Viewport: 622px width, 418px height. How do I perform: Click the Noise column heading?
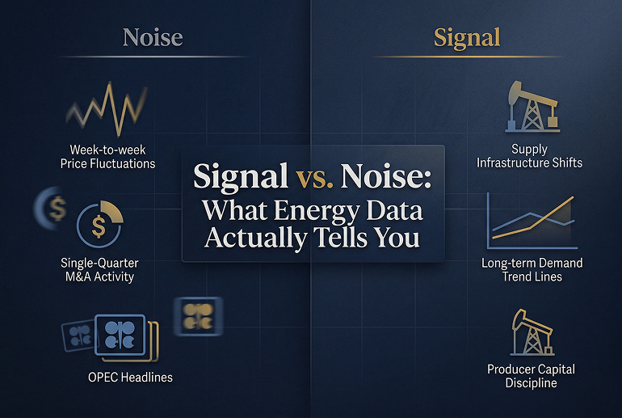click(x=152, y=37)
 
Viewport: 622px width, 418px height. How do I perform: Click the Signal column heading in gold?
click(x=466, y=37)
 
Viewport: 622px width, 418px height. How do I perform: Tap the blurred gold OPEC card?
click(x=198, y=315)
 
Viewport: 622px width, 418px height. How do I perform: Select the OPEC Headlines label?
click(x=130, y=377)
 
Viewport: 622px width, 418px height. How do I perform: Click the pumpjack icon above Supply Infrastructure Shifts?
click(x=529, y=107)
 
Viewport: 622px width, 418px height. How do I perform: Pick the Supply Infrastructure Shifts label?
click(x=529, y=156)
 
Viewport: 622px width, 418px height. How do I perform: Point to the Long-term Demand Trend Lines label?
click(x=532, y=270)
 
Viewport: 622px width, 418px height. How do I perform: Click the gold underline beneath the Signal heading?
click(x=466, y=57)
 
